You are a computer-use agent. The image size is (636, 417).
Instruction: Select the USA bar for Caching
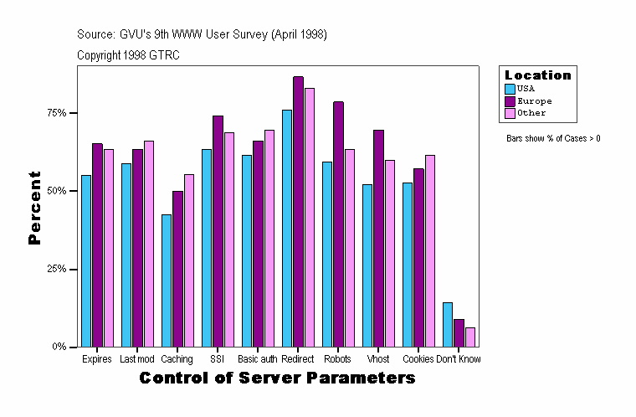167,281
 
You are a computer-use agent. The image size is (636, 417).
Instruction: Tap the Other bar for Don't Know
470,337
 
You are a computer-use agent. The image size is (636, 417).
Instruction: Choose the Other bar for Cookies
430,250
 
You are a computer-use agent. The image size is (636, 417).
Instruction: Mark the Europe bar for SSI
218,230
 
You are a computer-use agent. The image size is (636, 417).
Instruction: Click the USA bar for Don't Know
448,324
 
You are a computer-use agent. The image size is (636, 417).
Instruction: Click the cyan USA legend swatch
510,88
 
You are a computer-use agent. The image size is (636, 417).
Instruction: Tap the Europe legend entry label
534,100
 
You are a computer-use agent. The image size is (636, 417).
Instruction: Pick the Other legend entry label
531,112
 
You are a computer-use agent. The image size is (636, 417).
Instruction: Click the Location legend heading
538,75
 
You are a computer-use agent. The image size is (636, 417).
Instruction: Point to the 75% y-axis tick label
57,113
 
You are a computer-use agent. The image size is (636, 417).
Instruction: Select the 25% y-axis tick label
57,269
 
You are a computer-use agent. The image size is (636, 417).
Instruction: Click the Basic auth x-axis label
257,359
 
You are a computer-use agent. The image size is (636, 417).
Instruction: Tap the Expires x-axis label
97,359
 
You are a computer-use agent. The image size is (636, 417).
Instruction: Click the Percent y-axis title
34,208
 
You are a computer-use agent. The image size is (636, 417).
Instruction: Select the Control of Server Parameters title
277,378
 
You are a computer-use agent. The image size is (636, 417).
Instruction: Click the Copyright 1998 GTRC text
128,55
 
